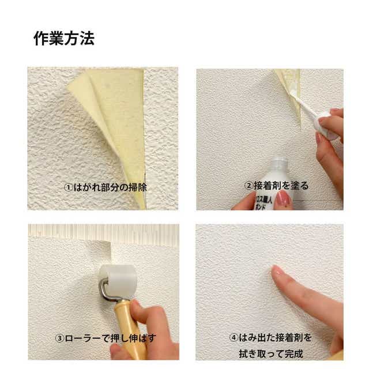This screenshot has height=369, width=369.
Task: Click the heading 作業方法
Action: click(64, 39)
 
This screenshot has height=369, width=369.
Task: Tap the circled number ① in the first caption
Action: click(69, 187)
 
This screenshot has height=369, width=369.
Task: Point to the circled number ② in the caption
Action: click(248, 186)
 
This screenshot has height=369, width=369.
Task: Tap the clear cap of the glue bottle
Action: click(279, 163)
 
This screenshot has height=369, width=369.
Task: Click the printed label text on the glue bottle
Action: click(263, 204)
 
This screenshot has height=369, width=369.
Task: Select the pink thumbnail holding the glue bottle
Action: click(283, 198)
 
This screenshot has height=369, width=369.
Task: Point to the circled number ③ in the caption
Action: click(59, 338)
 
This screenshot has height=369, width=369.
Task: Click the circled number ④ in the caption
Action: click(234, 338)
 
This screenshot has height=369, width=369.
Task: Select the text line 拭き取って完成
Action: click(270, 353)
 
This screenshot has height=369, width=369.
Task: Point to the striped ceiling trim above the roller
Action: click(104, 232)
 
